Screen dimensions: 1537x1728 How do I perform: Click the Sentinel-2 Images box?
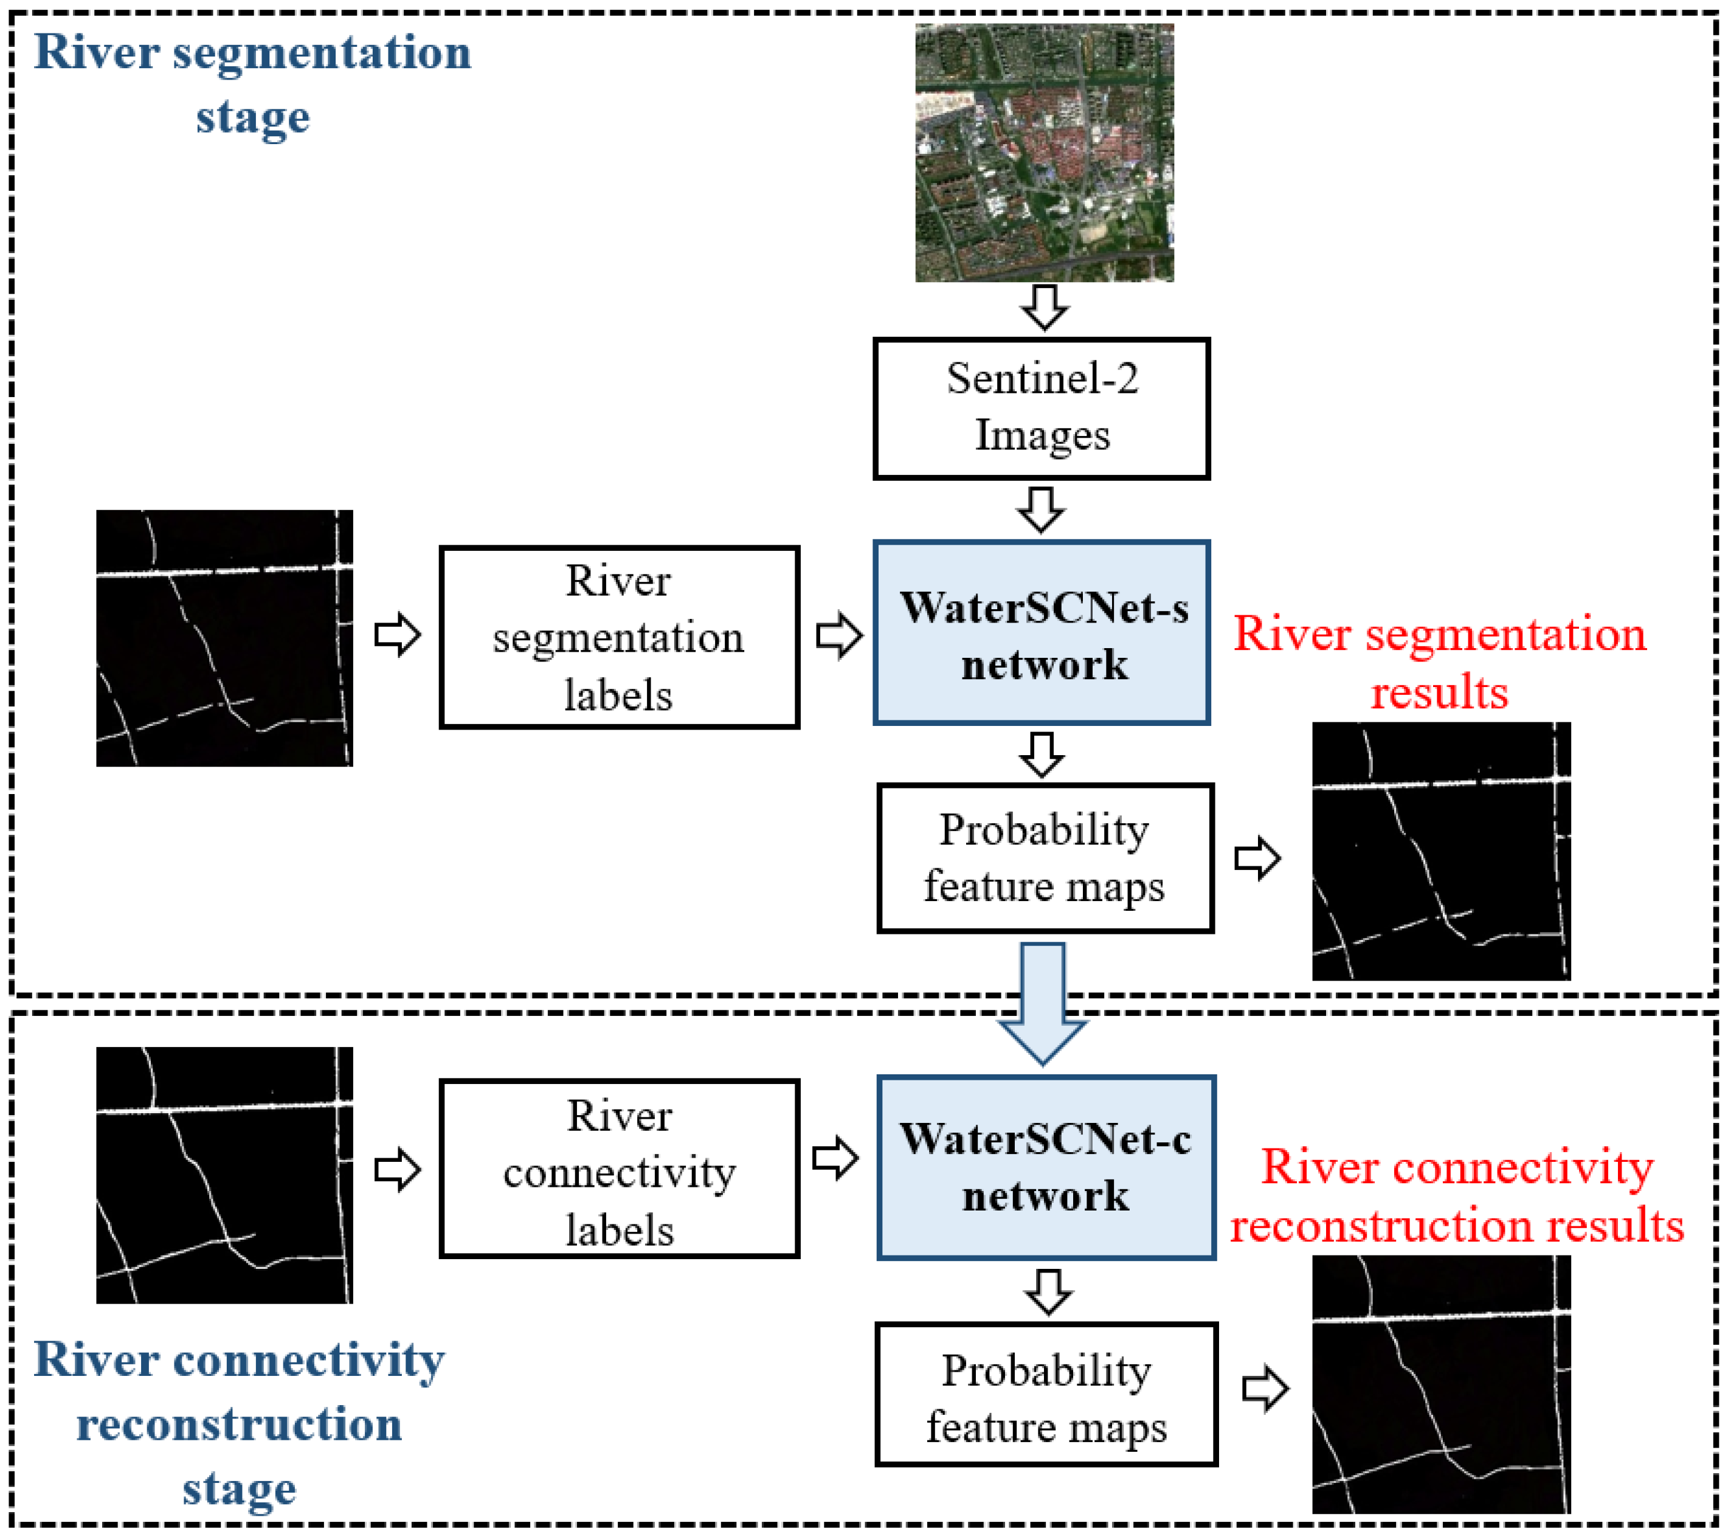tap(1042, 409)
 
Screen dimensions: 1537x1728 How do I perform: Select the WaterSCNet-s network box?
tap(1042, 632)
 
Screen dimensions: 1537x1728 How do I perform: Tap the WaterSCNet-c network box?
tap(1046, 1167)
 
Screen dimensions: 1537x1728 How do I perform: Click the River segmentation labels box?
tap(619, 637)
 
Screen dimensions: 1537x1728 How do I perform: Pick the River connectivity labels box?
tap(619, 1169)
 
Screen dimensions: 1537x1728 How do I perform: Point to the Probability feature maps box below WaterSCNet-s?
tap(1045, 858)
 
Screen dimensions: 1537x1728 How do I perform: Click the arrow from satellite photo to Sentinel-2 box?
tap(1045, 307)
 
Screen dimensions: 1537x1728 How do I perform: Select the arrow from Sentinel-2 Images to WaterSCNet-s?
tap(1041, 509)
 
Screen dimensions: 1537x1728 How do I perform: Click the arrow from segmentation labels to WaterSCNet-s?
tap(838, 636)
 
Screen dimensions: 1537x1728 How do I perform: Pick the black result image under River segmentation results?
tap(1440, 851)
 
